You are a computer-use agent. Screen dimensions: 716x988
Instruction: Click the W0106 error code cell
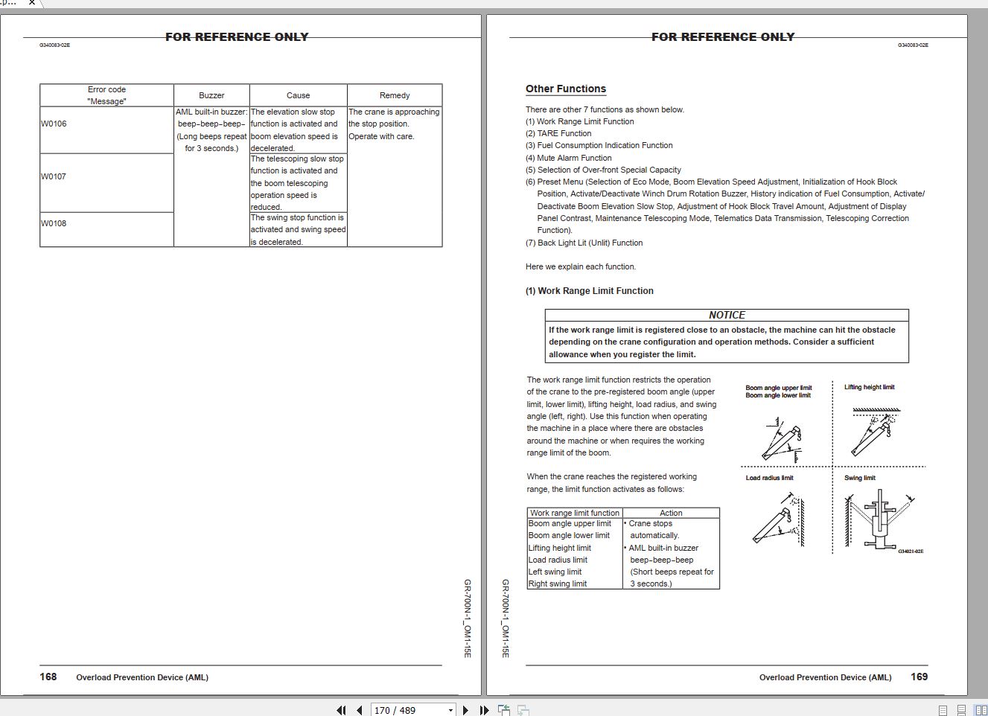tap(54, 124)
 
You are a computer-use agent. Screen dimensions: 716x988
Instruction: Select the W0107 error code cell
tap(54, 176)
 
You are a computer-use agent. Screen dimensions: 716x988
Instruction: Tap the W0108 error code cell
tap(54, 223)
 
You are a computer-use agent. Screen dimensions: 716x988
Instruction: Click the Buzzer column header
tap(211, 95)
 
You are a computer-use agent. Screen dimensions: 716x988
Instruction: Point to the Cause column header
tap(298, 95)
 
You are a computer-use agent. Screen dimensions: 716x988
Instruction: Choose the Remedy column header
tap(395, 95)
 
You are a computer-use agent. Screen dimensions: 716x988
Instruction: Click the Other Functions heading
tap(566, 89)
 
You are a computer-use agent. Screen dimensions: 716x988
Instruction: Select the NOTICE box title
tap(727, 315)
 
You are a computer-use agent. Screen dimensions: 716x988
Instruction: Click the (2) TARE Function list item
tap(558, 133)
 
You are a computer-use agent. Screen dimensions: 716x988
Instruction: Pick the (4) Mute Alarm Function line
tap(569, 158)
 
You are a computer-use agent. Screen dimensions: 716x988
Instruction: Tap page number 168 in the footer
tap(48, 677)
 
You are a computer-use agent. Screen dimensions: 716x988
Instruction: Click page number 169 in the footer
tap(920, 677)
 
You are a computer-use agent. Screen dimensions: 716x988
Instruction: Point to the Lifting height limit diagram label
tap(869, 387)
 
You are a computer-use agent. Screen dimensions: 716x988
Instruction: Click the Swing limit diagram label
tap(860, 478)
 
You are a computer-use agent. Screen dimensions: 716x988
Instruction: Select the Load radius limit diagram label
tap(769, 478)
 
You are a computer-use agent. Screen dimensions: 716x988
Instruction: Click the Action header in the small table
tap(671, 513)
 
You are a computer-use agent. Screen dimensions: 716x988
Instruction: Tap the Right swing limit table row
tap(558, 584)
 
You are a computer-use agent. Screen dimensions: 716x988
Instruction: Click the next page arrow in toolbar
tap(466, 710)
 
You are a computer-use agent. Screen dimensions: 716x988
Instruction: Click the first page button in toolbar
tap(342, 710)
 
